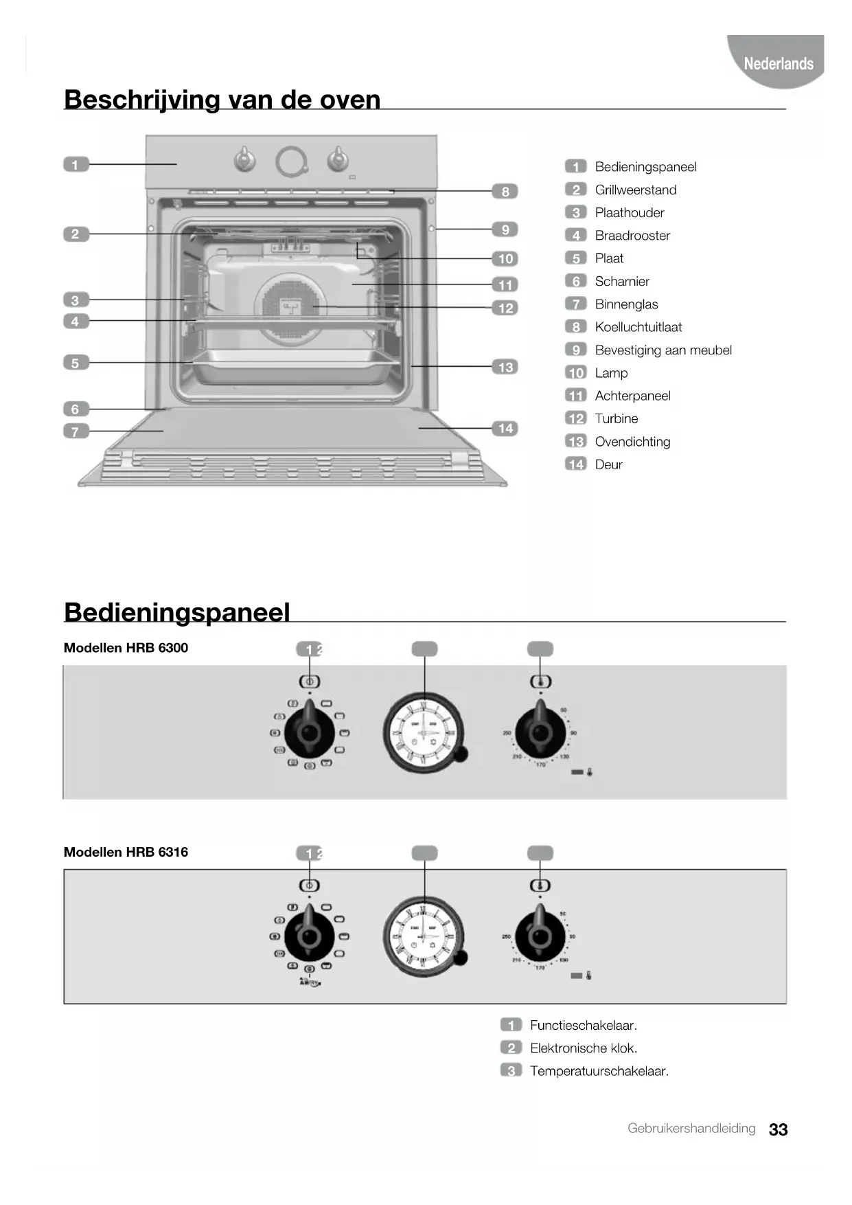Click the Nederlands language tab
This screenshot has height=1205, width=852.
[x=778, y=63]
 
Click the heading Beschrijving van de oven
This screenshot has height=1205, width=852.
[x=222, y=100]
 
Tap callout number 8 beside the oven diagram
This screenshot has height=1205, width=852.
[x=505, y=192]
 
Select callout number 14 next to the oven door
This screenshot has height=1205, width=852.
[x=505, y=429]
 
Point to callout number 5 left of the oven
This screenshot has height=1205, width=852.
[x=76, y=363]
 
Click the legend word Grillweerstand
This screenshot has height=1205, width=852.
[x=635, y=190]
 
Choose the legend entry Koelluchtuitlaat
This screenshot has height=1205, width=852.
[x=638, y=327]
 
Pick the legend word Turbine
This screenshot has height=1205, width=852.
[x=616, y=418]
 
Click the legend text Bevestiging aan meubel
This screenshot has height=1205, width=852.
[x=663, y=350]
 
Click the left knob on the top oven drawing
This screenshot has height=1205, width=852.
[x=244, y=159]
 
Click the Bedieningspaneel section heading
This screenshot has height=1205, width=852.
[x=177, y=612]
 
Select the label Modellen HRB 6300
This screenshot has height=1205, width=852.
[x=126, y=648]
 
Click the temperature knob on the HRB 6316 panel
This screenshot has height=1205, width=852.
[x=540, y=936]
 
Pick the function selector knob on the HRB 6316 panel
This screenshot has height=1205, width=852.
[x=310, y=936]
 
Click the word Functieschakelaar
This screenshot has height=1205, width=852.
[x=583, y=1025]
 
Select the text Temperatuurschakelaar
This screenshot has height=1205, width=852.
[x=599, y=1070]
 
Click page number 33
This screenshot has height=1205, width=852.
[x=778, y=1129]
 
